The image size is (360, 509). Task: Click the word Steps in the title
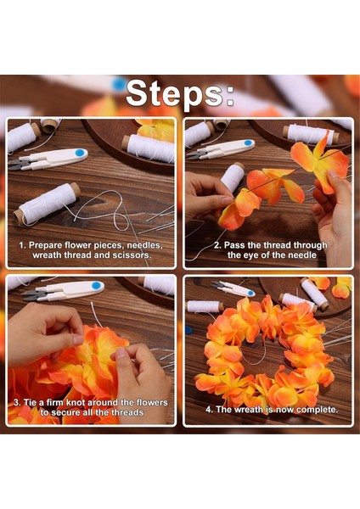tap(174, 93)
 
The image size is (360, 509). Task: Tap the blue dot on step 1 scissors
tap(80, 153)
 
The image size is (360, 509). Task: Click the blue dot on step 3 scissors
tap(96, 285)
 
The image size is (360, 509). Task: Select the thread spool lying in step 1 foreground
tap(47, 204)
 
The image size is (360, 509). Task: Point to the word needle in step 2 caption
tap(302, 255)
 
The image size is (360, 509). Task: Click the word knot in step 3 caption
tap(76, 403)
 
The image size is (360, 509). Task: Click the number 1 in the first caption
tap(22, 245)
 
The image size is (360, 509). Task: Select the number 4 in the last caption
tap(209, 410)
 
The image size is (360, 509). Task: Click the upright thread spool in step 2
tap(233, 177)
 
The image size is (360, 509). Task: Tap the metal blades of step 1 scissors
tap(20, 165)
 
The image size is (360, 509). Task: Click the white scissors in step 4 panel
tap(233, 288)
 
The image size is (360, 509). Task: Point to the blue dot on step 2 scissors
tap(248, 143)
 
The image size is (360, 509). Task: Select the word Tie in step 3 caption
tap(30, 403)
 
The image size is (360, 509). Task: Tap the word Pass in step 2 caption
tap(233, 245)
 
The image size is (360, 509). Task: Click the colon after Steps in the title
tap(230, 97)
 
